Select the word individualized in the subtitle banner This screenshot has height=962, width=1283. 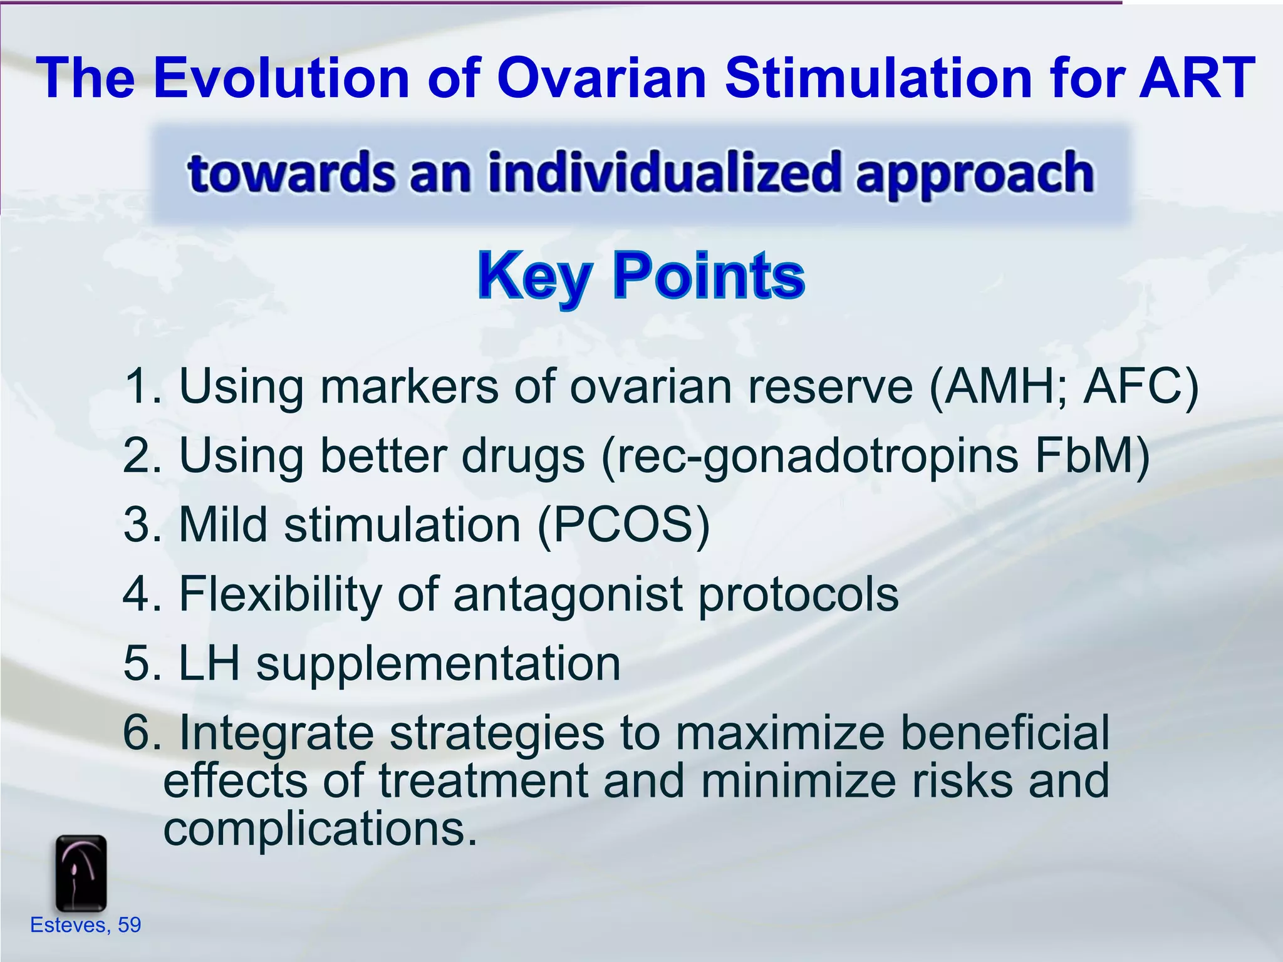pos(664,173)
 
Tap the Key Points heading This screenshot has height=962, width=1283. pos(641,276)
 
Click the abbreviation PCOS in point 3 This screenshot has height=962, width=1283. pos(623,524)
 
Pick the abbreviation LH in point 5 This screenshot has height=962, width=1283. pos(209,663)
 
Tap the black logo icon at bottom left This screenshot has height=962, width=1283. pos(81,873)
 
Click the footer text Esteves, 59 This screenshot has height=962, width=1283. pos(86,925)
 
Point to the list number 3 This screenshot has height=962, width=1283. pos(138,524)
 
